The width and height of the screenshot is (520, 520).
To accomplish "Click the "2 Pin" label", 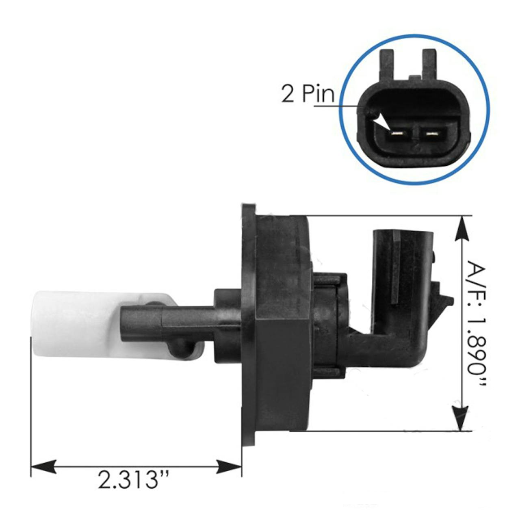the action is tap(308, 93).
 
